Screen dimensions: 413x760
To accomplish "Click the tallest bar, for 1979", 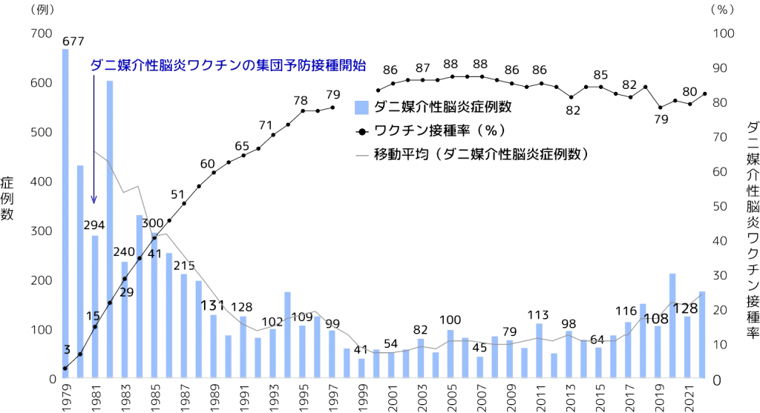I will [65, 215].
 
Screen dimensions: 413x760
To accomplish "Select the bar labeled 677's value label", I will [72, 40].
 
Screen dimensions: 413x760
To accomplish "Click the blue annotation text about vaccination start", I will [228, 65].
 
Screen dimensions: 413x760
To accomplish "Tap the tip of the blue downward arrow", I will [94, 201].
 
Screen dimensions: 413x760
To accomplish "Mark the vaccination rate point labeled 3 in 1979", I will [65, 369].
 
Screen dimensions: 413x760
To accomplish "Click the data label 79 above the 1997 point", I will [332, 95].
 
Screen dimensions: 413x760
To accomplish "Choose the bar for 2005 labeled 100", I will [451, 354].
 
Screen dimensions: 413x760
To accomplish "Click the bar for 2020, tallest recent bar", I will [672, 326].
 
